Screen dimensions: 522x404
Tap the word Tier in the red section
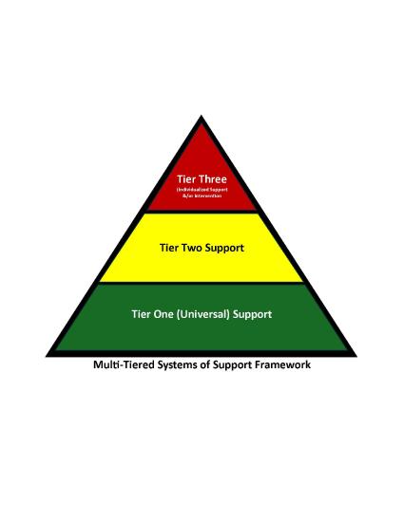(186, 177)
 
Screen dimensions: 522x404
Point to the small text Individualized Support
(201, 190)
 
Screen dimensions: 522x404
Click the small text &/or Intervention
(201, 196)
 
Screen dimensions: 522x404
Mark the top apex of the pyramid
(202, 117)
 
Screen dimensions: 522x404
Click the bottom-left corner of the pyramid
(48, 354)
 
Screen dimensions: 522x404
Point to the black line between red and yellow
(202, 212)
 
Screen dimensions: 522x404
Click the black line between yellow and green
(202, 282)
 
